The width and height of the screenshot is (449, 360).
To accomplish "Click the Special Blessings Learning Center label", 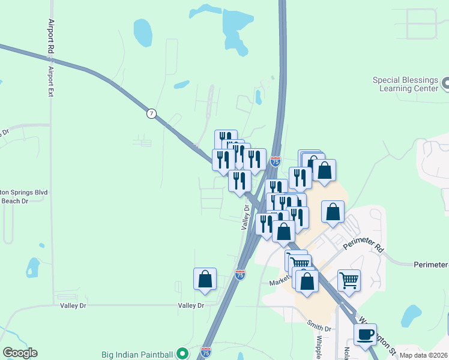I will tap(405, 84).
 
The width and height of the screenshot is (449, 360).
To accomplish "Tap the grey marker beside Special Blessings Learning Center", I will tap(445, 83).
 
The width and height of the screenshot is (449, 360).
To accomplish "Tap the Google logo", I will tap(20, 353).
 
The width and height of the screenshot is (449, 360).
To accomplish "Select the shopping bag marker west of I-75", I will tap(205, 279).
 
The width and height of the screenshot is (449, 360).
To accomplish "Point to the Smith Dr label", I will tap(319, 328).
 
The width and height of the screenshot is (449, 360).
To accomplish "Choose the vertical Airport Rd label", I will tap(51, 37).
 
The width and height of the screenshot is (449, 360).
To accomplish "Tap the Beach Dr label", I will tap(17, 202).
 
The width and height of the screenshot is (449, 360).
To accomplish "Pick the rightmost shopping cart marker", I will tap(349, 280).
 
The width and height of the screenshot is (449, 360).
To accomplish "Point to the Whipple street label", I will tap(318, 346).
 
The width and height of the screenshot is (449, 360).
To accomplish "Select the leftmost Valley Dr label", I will tap(73, 305).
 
